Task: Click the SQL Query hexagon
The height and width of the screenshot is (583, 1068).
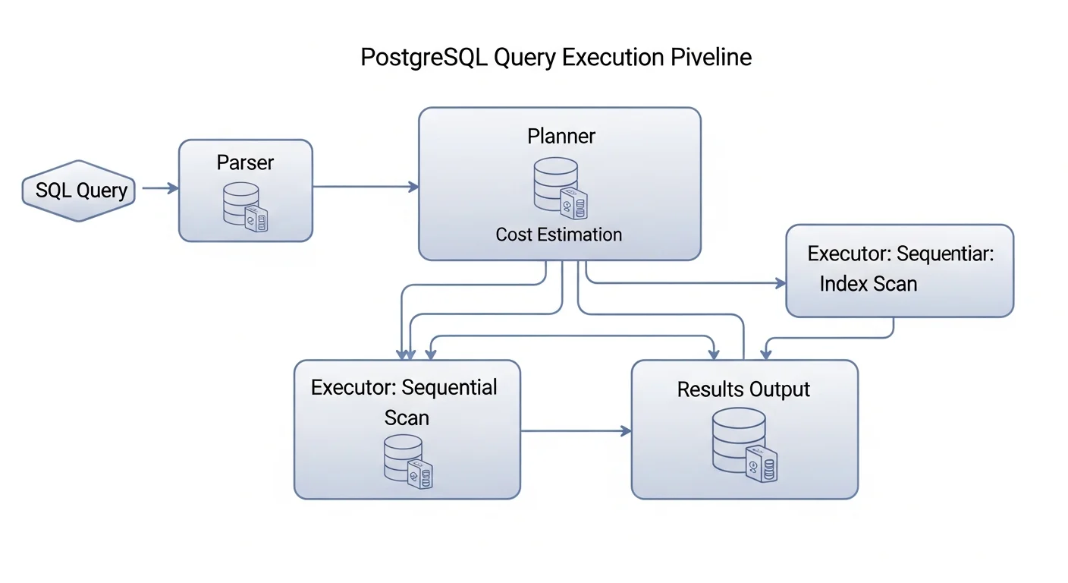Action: [79, 190]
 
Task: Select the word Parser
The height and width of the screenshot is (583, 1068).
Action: [245, 162]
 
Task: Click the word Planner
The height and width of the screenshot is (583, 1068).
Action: [561, 136]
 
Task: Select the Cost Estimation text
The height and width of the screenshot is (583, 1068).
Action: [559, 235]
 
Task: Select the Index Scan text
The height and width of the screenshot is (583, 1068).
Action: [869, 284]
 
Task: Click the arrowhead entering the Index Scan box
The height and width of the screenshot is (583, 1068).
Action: [781, 283]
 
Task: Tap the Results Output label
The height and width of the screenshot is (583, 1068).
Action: [743, 389]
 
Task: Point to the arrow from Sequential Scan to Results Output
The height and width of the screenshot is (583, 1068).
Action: [576, 431]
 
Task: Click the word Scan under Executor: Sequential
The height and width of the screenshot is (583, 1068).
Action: [407, 418]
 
